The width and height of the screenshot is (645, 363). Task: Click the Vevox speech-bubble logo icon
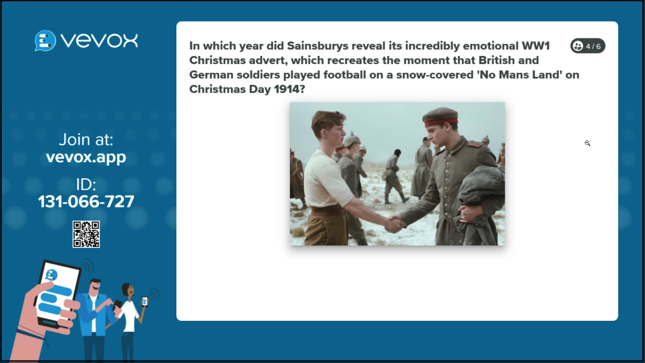[x=45, y=41]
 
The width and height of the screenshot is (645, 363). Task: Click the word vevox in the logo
[x=100, y=41]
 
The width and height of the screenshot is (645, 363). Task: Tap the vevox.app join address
[x=86, y=157]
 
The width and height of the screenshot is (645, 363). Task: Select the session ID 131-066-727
[x=86, y=201]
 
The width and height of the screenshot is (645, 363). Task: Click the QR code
[x=86, y=234]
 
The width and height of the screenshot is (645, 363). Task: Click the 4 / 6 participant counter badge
[x=588, y=46]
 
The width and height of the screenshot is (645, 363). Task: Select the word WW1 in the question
[x=536, y=46]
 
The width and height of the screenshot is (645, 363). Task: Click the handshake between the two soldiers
[x=396, y=224]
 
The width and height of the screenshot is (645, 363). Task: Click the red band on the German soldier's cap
[x=441, y=122]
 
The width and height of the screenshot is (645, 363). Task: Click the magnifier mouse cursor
[x=587, y=143]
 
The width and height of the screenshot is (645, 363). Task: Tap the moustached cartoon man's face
[x=95, y=286]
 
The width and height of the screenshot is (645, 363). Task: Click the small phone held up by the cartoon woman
[x=145, y=301]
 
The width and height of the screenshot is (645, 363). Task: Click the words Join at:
[x=86, y=140]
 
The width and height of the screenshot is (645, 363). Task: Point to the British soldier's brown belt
[x=328, y=210]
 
